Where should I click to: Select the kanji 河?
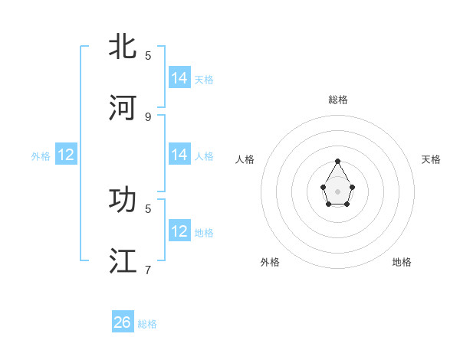point(123,108)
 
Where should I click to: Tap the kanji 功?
point(123,200)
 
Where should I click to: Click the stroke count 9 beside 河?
point(148,116)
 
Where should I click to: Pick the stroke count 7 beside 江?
point(148,270)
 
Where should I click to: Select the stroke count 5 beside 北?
point(148,56)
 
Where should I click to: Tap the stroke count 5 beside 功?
point(148,208)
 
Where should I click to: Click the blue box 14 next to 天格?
point(179,78)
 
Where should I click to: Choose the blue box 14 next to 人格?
point(179,155)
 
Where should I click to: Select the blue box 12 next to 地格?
point(179,231)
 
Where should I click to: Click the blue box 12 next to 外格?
point(66,155)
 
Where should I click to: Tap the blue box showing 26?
point(123,322)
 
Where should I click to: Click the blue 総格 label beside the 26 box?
point(147,324)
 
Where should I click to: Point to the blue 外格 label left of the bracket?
point(41,156)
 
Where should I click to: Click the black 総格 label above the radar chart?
point(338,100)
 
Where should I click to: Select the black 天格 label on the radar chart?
point(431,159)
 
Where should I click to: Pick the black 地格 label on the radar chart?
point(402,262)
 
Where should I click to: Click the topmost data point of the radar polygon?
point(338,161)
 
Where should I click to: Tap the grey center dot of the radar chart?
point(338,191)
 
